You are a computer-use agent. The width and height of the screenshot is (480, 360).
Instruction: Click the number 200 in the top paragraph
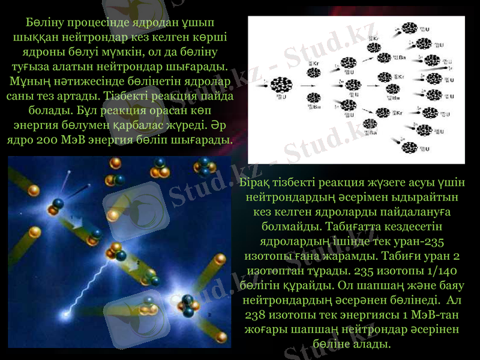click(62, 140)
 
